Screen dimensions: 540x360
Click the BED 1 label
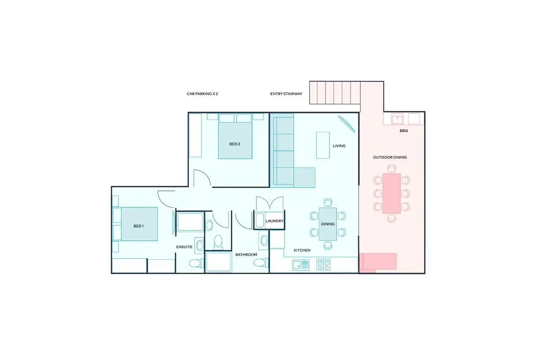click(x=139, y=226)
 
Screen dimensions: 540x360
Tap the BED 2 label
click(x=234, y=144)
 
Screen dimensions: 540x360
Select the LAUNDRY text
click(x=274, y=221)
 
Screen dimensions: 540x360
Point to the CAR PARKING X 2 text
click(x=202, y=94)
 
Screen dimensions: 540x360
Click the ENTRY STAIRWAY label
click(x=286, y=94)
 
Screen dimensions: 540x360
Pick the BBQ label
click(x=404, y=130)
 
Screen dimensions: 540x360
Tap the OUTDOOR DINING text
click(x=390, y=157)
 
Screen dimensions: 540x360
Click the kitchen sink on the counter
click(x=301, y=265)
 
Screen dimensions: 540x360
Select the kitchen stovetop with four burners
click(x=323, y=265)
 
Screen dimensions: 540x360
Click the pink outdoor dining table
click(x=391, y=193)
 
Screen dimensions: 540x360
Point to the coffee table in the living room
click(x=323, y=145)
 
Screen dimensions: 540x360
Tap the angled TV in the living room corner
click(x=346, y=124)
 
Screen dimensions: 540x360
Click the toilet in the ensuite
click(x=196, y=263)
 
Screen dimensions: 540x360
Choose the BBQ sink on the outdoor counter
click(x=397, y=119)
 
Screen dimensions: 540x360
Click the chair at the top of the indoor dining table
click(x=328, y=202)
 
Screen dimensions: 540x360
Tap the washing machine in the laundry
click(x=260, y=220)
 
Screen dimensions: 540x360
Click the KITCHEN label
click(x=302, y=250)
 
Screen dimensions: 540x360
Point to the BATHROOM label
click(x=246, y=255)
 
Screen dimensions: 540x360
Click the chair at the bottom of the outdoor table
click(x=391, y=218)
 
